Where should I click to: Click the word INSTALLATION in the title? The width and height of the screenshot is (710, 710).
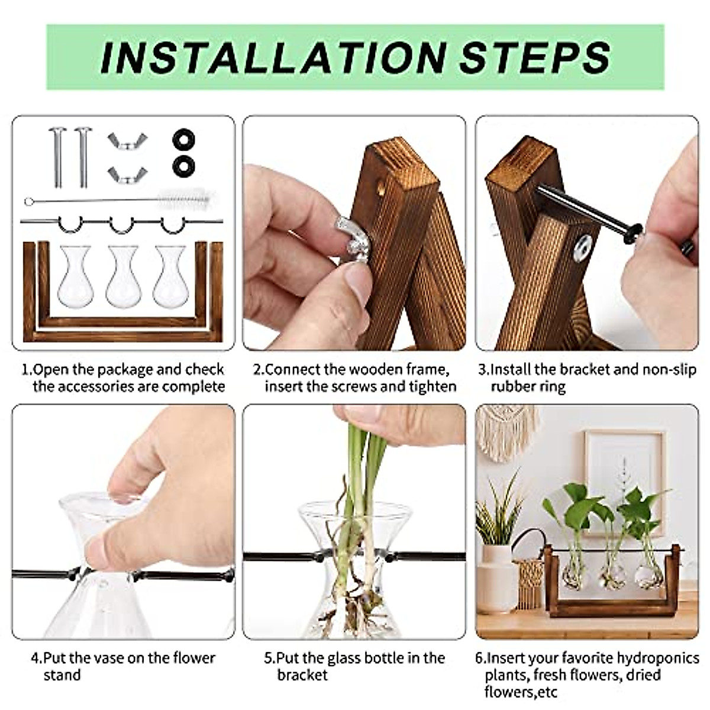pyautogui.click(x=272, y=57)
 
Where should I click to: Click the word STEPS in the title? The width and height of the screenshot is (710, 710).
pyautogui.click(x=534, y=57)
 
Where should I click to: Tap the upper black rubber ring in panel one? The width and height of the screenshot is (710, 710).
pyautogui.click(x=183, y=140)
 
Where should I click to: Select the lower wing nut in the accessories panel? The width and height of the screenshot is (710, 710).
pyautogui.click(x=127, y=175)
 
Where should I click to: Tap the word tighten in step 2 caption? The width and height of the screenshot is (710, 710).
pyautogui.click(x=435, y=387)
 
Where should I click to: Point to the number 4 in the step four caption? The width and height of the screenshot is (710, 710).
pyautogui.click(x=35, y=658)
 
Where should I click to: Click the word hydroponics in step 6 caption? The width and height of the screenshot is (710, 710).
pyautogui.click(x=658, y=658)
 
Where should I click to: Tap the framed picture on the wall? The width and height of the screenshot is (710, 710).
pyautogui.click(x=624, y=473)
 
